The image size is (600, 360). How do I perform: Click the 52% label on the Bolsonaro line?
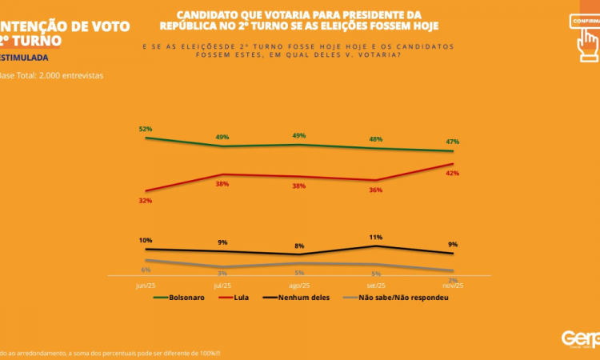pos(145,129)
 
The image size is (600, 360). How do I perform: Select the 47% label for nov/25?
pos(453,142)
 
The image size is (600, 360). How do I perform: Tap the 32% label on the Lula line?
pos(145,201)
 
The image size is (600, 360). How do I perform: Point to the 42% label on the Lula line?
pos(453,174)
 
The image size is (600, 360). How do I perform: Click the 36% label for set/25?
pos(376,190)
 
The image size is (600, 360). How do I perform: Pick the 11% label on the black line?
pos(376,238)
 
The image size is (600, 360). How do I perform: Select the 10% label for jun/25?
pos(145,241)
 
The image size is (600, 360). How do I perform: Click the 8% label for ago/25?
pos(299,246)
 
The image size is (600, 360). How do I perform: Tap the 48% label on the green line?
pos(376,139)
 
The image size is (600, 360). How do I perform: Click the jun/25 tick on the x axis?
pos(145,286)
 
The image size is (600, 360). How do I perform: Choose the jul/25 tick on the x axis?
pos(222,286)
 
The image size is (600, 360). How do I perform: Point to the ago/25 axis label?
pos(299,286)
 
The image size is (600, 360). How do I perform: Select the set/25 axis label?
pos(376,286)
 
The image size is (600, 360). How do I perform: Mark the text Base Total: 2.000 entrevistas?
pos(51,77)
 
